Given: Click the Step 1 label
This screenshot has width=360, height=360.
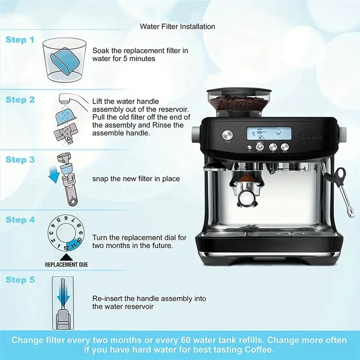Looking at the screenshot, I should tap(20, 40).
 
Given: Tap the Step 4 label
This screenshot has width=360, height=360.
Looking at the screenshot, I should tap(20, 220).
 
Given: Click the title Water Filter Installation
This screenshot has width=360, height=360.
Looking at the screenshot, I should tap(177, 27).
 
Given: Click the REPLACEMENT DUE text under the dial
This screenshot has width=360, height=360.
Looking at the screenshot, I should tap(66, 265).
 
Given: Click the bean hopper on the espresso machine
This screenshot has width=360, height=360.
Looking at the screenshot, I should tap(239, 101).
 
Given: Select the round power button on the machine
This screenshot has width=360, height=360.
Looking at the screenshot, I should tap(226, 135).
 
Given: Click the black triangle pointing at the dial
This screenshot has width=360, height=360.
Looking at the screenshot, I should tap(66, 256).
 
